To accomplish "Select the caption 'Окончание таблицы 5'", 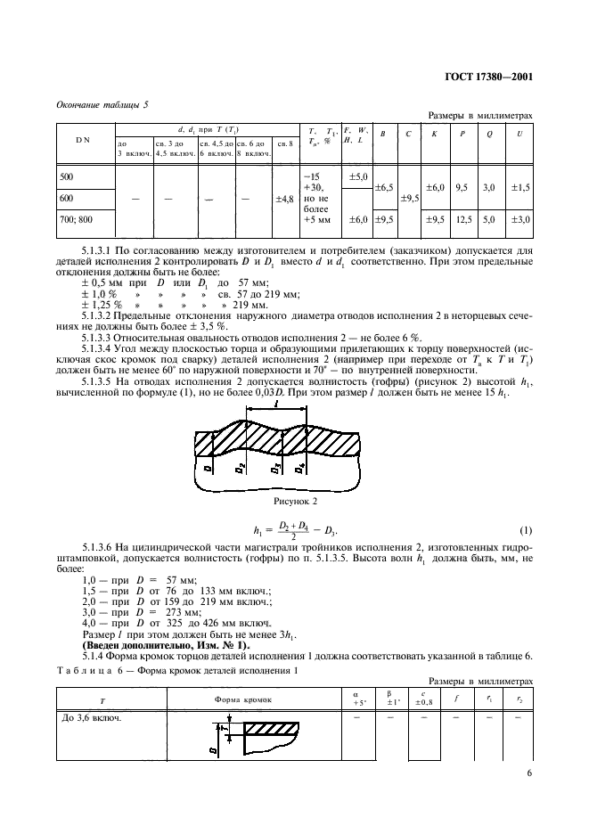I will point(104,104).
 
